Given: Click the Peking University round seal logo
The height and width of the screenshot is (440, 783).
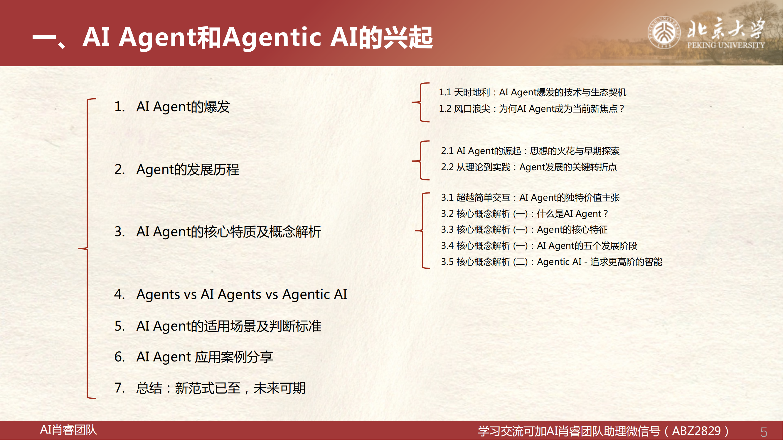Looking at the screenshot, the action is click(x=664, y=33).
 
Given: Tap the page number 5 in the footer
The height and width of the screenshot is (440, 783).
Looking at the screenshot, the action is click(x=764, y=431).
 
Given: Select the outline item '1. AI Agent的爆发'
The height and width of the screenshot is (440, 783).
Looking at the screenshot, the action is click(x=172, y=106).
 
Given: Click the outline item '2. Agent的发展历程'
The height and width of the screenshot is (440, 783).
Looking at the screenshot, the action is click(x=177, y=170).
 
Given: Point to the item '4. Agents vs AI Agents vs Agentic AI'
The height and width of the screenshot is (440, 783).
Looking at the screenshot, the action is click(x=231, y=294).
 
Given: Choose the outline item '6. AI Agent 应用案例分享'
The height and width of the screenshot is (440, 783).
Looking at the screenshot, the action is click(x=194, y=357).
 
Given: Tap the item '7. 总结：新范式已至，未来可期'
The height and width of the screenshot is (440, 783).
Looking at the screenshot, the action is click(x=210, y=388).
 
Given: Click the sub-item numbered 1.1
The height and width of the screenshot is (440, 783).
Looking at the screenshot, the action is click(x=533, y=92).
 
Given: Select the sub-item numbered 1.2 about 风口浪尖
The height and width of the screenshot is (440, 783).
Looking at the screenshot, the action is click(x=532, y=109).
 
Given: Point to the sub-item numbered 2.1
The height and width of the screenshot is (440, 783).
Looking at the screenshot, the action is click(x=531, y=150).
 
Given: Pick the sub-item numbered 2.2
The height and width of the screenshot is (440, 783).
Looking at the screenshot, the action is click(x=529, y=167).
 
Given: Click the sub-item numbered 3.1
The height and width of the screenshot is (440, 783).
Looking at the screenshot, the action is click(x=531, y=197).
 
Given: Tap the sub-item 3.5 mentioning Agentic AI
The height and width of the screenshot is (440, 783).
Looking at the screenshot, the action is click(x=552, y=262).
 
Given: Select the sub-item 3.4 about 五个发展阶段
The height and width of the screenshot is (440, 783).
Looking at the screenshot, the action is click(x=539, y=245).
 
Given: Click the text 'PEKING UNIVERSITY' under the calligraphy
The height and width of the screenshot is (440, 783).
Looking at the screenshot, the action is click(x=726, y=45).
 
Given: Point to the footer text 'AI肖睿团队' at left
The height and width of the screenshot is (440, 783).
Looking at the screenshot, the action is click(x=68, y=430).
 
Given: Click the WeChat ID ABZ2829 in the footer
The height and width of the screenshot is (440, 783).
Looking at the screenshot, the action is click(x=696, y=431).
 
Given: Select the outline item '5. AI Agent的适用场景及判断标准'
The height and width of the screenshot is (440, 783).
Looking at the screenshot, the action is click(x=218, y=326).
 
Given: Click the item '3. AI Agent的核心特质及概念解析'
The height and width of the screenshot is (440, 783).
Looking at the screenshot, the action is click(x=218, y=231).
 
